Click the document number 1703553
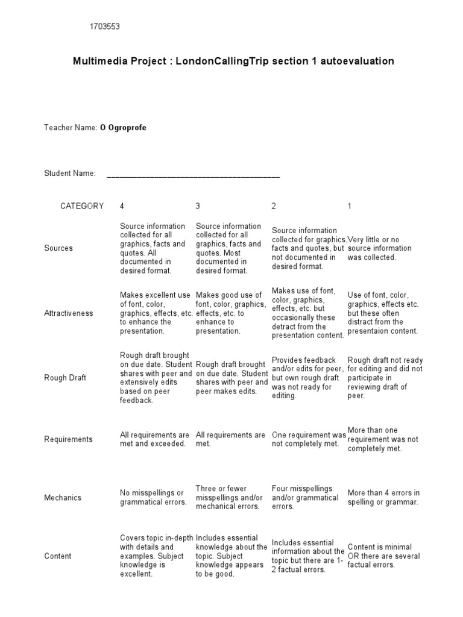click(109, 27)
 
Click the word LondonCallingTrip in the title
click(221, 61)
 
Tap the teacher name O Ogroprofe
click(123, 128)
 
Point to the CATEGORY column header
click(82, 206)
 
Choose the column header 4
click(122, 206)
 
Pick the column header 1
click(350, 206)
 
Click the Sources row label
click(58, 248)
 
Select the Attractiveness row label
click(69, 313)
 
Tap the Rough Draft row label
click(65, 378)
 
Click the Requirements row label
click(68, 439)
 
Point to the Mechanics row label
click(63, 498)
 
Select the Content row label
click(58, 556)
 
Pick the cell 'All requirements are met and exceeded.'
click(155, 439)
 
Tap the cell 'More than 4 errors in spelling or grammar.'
click(383, 498)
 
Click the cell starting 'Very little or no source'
click(380, 248)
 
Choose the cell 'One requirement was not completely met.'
click(309, 439)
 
